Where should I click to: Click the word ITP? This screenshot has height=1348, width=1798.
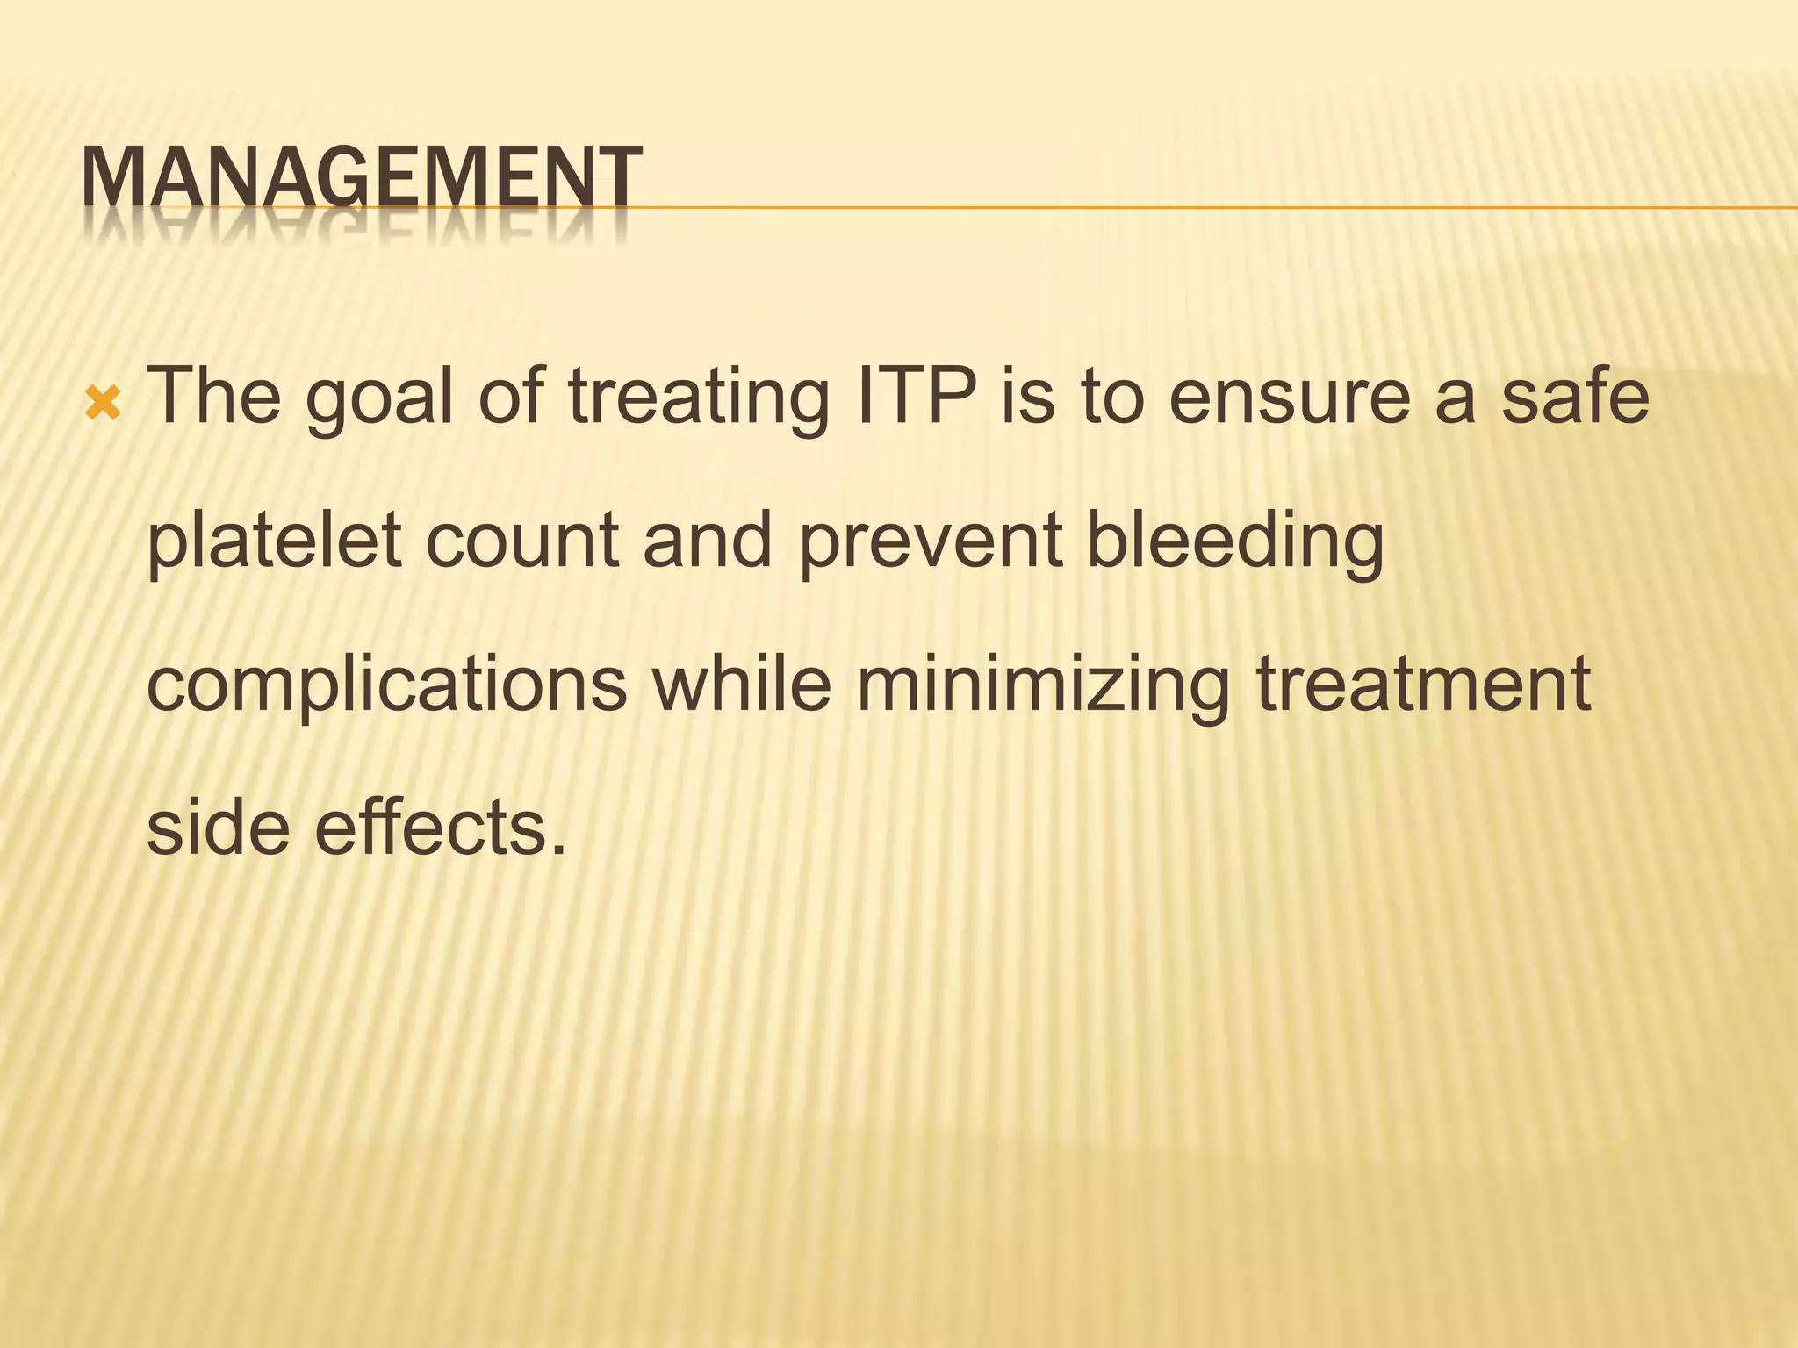pyautogui.click(x=916, y=397)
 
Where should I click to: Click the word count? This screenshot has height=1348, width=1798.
pyautogui.click(x=522, y=542)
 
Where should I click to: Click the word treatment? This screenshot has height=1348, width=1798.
pyautogui.click(x=1423, y=685)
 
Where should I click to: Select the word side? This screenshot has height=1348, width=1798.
pyautogui.click(x=218, y=828)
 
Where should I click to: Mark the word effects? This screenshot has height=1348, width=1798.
pyautogui.click(x=440, y=828)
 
